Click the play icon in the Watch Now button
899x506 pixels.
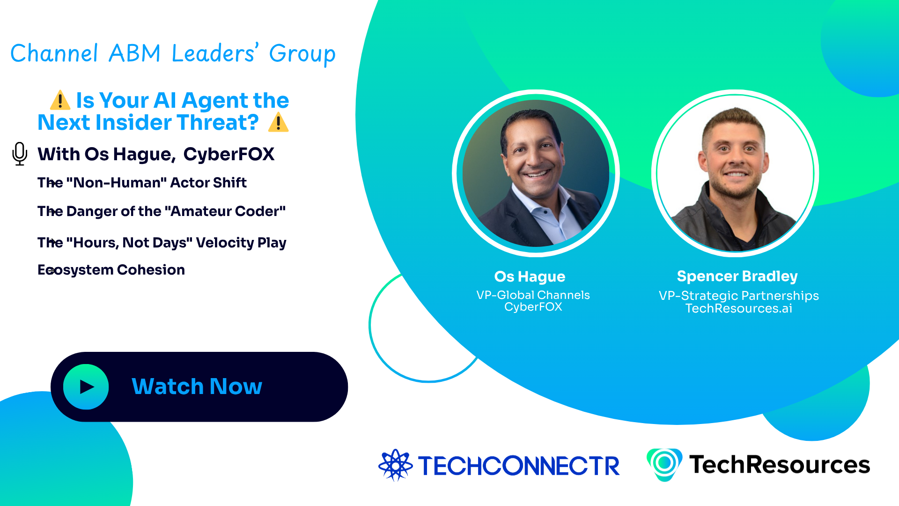(x=86, y=387)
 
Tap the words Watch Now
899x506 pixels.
(x=197, y=387)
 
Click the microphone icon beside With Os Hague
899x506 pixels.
(x=20, y=154)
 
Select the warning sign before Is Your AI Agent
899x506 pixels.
(x=60, y=100)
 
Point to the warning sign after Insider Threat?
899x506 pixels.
(x=279, y=122)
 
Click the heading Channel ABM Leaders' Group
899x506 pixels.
(x=173, y=53)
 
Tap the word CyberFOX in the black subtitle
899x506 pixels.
(x=228, y=154)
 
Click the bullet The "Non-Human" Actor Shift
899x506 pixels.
(x=142, y=182)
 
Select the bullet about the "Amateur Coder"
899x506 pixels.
(x=162, y=211)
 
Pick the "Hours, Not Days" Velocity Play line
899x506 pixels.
(x=162, y=243)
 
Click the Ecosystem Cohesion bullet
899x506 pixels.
(x=111, y=270)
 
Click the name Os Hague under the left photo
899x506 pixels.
(x=530, y=276)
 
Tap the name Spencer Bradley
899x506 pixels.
(x=737, y=276)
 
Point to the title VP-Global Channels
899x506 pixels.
(x=533, y=295)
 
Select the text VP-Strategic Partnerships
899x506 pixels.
(x=738, y=296)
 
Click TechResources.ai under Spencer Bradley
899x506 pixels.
(x=738, y=308)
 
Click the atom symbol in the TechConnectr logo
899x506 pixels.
(x=395, y=465)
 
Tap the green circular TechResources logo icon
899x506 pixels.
(x=664, y=464)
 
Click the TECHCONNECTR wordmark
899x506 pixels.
(x=519, y=466)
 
